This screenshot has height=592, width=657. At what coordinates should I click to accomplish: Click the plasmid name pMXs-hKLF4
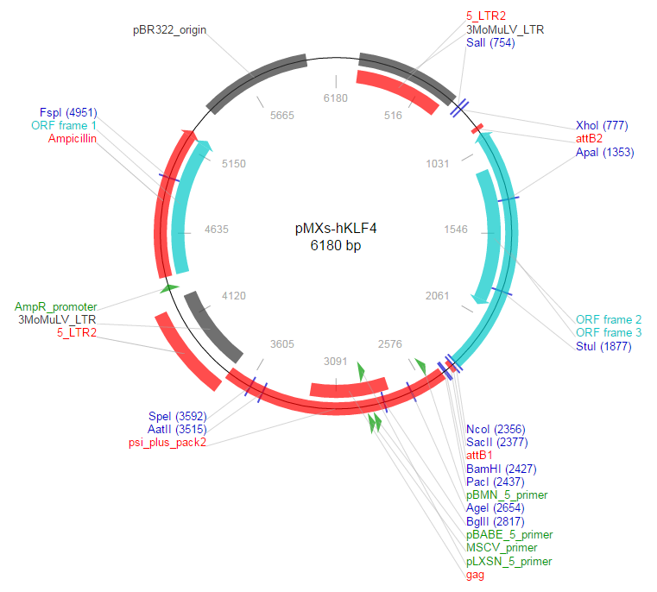(x=336, y=230)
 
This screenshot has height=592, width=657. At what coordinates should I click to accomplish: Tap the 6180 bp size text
(x=336, y=246)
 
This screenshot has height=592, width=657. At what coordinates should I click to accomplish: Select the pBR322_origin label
(x=170, y=29)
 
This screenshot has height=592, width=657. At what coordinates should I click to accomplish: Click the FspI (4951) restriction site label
(x=68, y=113)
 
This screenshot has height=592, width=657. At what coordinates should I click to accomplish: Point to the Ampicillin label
(x=73, y=138)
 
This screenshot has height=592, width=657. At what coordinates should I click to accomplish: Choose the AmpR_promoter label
(x=55, y=306)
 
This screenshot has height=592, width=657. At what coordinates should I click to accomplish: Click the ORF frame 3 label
(x=609, y=333)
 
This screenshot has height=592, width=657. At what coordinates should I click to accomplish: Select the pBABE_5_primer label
(x=509, y=535)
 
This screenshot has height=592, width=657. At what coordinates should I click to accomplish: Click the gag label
(x=475, y=575)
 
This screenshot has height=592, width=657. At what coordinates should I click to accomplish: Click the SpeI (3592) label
(x=177, y=416)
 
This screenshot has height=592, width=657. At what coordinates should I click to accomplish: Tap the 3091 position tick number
(x=334, y=361)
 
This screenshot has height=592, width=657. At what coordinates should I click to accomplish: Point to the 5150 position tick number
(x=234, y=163)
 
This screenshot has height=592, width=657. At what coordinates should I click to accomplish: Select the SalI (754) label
(x=490, y=42)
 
